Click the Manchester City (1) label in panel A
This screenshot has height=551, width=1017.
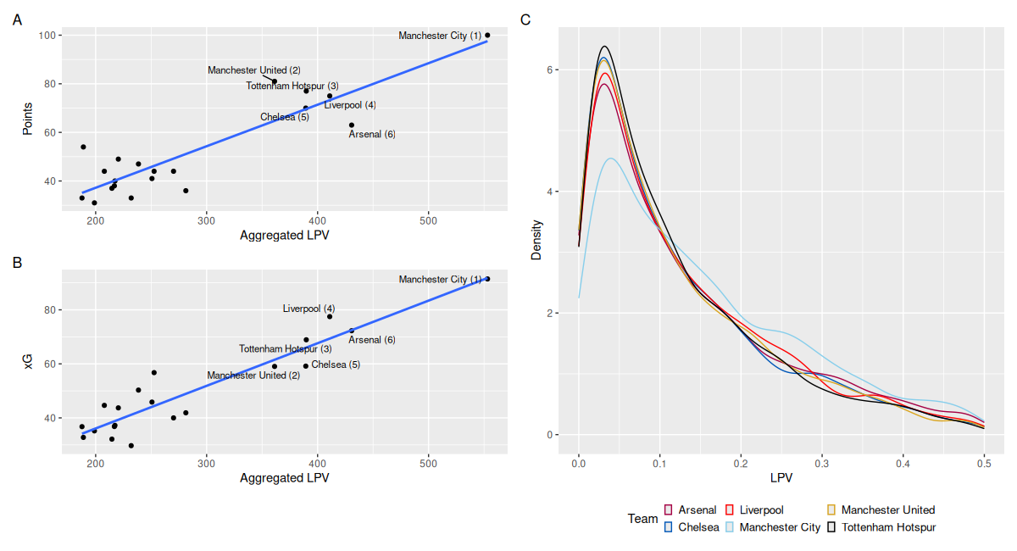tap(440, 36)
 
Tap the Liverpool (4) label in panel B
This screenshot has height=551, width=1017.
tap(308, 309)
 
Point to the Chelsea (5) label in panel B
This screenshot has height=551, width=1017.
tap(336, 365)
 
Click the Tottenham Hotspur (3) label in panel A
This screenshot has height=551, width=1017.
tap(292, 86)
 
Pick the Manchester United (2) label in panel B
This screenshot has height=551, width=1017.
tap(253, 376)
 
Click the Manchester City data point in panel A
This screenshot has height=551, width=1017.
tap(487, 36)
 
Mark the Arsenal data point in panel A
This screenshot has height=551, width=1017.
tap(352, 125)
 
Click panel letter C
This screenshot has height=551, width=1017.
tap(525, 19)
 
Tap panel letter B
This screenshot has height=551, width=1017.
tap(17, 263)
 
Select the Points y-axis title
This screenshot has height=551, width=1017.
tap(27, 120)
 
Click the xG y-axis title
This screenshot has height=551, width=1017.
tap(27, 363)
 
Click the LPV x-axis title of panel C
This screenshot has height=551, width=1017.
tap(781, 479)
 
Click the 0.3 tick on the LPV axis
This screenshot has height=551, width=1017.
tap(822, 465)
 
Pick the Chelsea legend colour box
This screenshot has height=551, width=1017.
tap(668, 527)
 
